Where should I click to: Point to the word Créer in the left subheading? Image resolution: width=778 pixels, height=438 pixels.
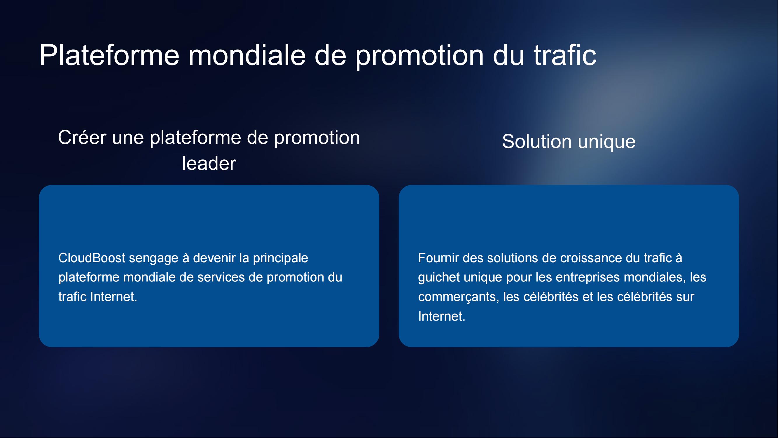coord(82,138)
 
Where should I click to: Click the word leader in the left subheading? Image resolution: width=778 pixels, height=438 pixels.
coord(209,164)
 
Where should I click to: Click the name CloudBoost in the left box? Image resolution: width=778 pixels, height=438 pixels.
coord(92,258)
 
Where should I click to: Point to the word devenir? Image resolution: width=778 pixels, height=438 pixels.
coord(214,258)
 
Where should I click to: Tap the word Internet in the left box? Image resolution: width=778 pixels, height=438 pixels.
coord(113,297)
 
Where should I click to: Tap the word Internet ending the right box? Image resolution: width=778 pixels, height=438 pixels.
coord(442,317)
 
